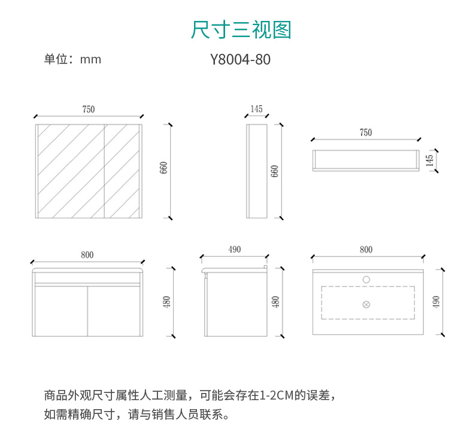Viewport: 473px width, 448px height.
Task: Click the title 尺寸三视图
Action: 241,30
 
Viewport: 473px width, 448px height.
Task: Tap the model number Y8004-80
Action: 240,59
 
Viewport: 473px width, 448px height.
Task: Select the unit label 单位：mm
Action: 72,59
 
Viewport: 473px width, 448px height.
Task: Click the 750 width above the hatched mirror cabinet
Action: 89,109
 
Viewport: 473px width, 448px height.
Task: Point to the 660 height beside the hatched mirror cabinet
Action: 163,168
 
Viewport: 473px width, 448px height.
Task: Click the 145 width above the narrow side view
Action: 256,109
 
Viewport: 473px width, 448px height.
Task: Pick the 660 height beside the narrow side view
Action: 274,171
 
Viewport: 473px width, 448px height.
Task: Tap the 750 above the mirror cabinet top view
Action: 366,132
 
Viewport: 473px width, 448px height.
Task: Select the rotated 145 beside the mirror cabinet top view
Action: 429,160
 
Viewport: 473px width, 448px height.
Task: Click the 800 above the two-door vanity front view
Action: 87,255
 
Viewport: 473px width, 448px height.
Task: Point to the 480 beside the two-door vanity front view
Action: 166,301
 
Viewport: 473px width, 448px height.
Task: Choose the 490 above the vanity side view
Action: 234,249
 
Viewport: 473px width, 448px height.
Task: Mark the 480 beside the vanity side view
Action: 275,302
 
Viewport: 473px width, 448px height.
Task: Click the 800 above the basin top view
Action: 366,249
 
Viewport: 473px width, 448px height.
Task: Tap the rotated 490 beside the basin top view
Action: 436,302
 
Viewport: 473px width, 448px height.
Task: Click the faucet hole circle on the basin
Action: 366,279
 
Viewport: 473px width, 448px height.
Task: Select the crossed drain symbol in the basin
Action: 366,304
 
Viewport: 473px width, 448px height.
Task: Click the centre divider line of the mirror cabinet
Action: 104,171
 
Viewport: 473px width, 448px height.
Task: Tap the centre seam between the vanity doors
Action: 87,311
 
